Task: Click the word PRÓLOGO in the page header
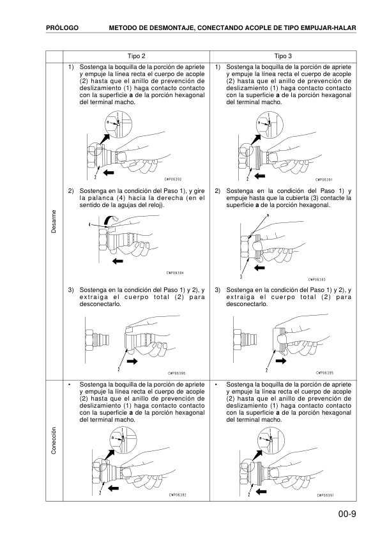pos(62,28)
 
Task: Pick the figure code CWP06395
pos(325,374)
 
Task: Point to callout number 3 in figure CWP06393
pos(241,277)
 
